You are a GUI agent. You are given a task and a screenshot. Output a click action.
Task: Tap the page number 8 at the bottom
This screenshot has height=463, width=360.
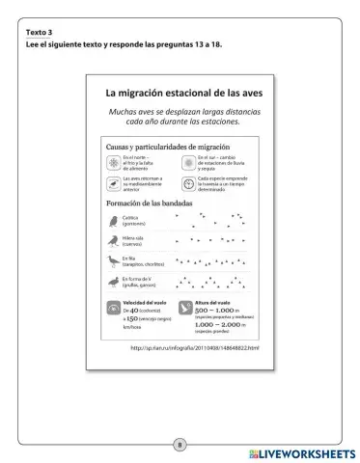tap(180, 446)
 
